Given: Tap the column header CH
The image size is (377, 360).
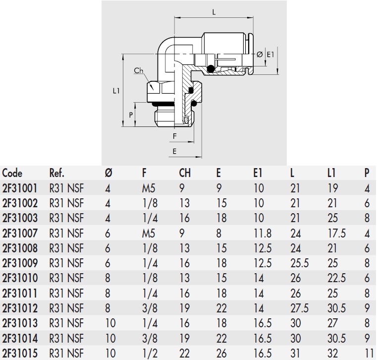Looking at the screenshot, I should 185,174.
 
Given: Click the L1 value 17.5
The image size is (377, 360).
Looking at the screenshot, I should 336,233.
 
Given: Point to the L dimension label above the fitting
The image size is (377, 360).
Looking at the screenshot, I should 214,13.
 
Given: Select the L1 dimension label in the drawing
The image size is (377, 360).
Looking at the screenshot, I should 116,91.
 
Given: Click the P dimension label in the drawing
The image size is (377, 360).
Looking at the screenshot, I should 131,115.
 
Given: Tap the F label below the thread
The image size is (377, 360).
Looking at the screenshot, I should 174,135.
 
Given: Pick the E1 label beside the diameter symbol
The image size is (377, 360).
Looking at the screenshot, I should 270,54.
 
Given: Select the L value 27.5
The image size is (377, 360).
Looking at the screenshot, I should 299,307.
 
